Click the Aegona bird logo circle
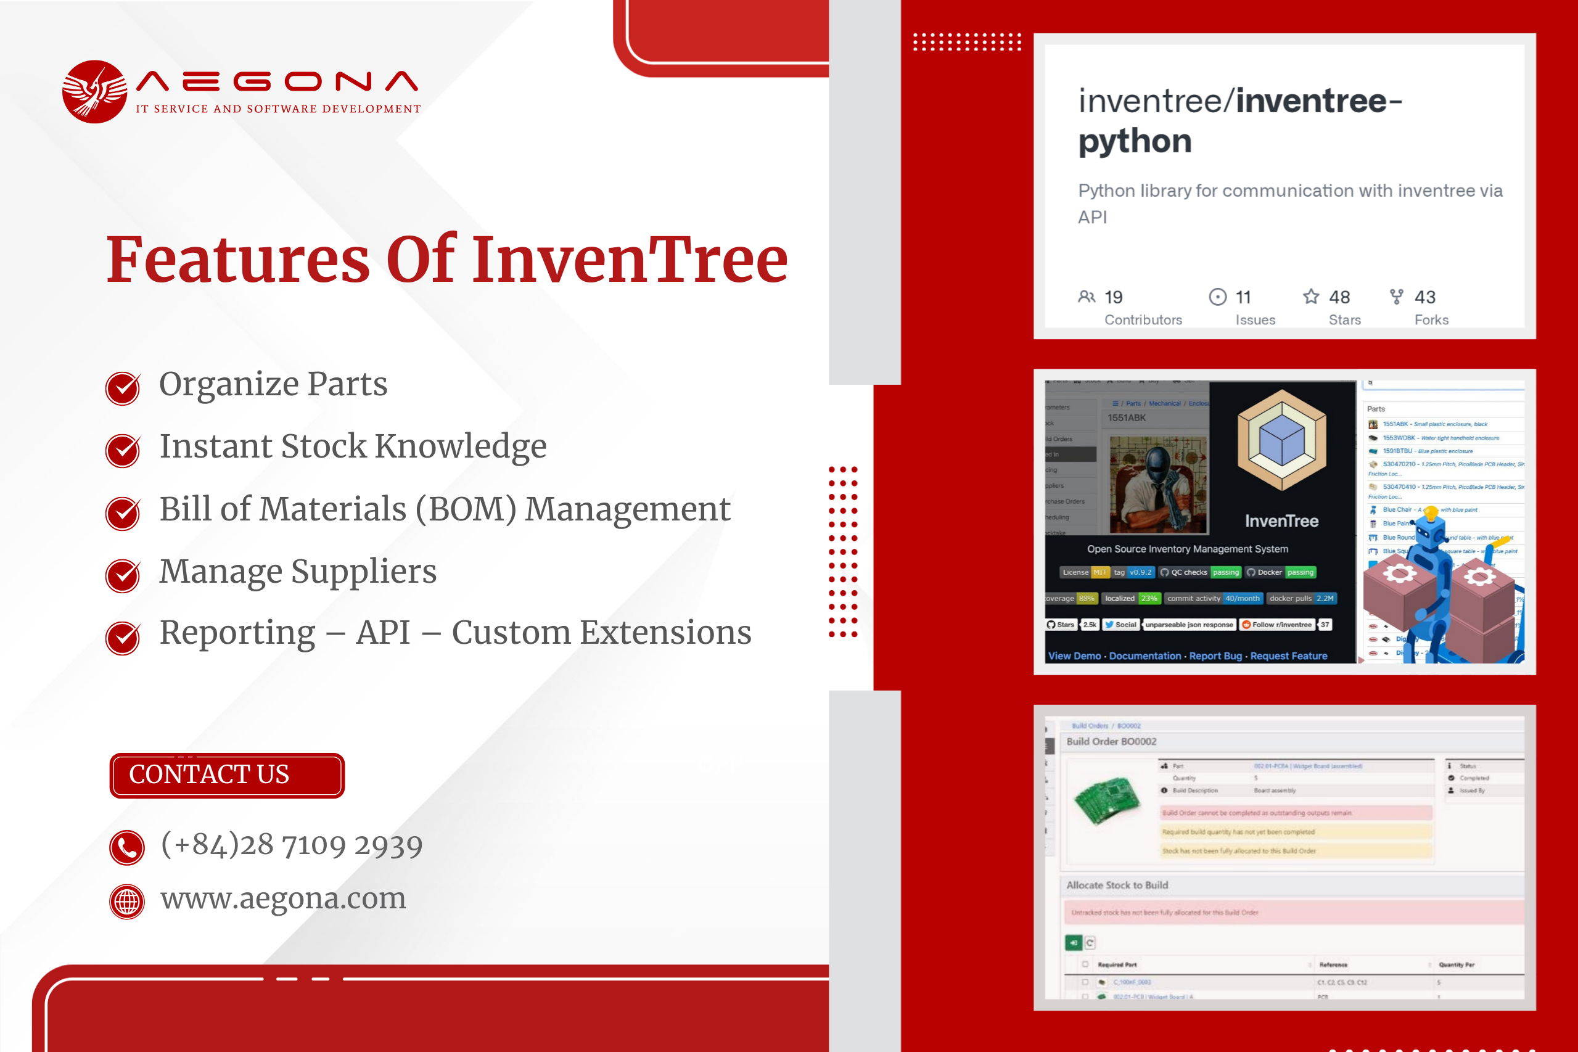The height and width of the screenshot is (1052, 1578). coord(94,92)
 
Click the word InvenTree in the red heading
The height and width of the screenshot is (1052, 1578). coord(630,260)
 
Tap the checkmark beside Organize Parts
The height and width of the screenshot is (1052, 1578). coord(123,388)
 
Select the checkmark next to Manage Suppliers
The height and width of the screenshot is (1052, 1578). coord(123,575)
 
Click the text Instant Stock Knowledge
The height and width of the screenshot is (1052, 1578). coord(353,446)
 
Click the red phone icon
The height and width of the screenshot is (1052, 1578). coord(127,848)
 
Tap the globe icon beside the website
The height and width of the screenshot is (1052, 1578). coord(127,902)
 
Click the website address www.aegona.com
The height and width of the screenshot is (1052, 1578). coord(283,898)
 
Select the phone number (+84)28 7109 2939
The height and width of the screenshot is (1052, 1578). coord(292,845)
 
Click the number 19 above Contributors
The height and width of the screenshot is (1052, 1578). coord(1113,297)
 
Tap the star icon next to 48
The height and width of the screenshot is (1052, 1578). coord(1311,297)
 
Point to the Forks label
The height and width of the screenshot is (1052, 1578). coord(1431,320)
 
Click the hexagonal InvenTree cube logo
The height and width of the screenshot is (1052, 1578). coord(1281,441)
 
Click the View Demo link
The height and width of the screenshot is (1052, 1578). coord(1074,655)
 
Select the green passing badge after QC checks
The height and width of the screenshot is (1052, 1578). coord(1226,572)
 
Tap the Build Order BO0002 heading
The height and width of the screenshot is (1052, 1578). coord(1111,741)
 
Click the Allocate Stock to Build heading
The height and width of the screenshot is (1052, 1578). coord(1117,885)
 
